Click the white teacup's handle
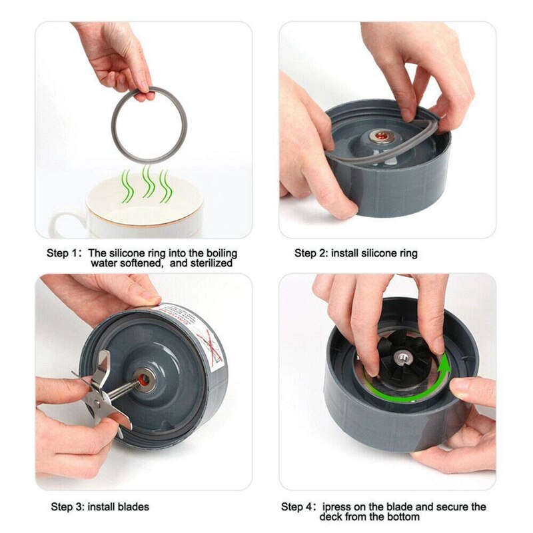pos(63,223)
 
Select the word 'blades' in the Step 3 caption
pos(134,507)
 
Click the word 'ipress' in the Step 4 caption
pos(337,507)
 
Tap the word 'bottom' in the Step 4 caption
pos(404,517)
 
